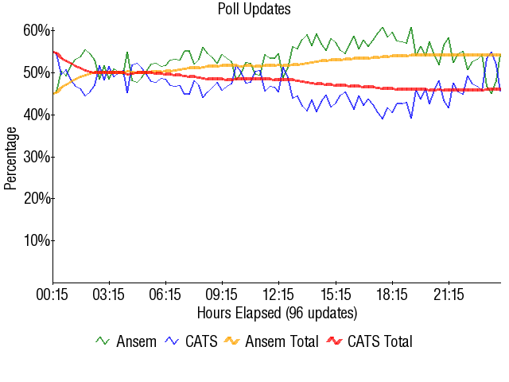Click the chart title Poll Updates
tap(254, 10)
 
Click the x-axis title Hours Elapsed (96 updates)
tap(277, 312)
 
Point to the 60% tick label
tap(37, 30)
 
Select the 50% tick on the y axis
tap(37, 72)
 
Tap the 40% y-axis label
tap(37, 115)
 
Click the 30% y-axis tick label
tap(37, 157)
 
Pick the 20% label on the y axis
tap(37, 198)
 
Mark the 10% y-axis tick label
tap(37, 240)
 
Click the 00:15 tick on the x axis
tap(52, 294)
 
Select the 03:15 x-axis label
tap(109, 294)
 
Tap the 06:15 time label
tap(165, 294)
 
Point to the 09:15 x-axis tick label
tap(222, 294)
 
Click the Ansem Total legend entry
tap(282, 341)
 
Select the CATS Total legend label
tap(380, 341)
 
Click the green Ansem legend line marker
tap(103, 341)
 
